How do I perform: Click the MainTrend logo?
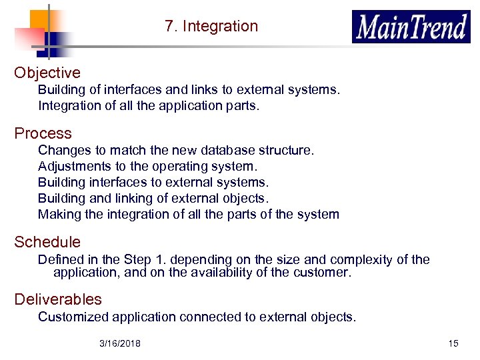click(411, 27)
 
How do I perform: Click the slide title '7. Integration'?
click(211, 27)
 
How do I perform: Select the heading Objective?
click(47, 73)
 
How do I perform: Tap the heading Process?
click(43, 133)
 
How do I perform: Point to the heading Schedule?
click(47, 242)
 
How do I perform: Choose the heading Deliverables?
click(58, 299)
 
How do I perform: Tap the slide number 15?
click(453, 343)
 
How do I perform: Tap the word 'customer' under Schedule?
click(322, 272)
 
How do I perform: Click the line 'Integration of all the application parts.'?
click(148, 105)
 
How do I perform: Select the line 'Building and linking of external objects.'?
click(153, 199)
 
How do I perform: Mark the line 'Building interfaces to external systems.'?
click(153, 183)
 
